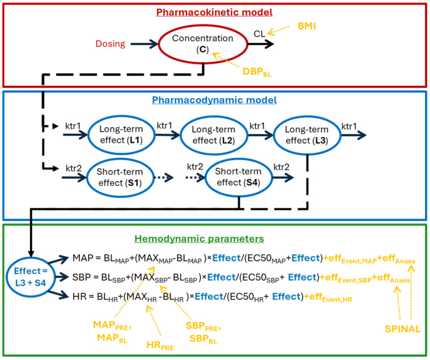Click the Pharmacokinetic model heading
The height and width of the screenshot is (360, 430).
click(214, 12)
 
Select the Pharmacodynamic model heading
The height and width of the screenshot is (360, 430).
click(214, 100)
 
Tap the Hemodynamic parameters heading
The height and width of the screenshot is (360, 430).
click(199, 239)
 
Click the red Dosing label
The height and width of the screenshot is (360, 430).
click(110, 44)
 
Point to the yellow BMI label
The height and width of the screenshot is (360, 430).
click(306, 26)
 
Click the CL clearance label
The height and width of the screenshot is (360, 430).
click(259, 33)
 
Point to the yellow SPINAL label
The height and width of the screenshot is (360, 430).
click(403, 329)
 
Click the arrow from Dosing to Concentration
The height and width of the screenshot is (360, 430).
click(144, 44)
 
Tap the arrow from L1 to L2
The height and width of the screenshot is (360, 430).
click(167, 135)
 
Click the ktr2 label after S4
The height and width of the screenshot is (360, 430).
click(282, 167)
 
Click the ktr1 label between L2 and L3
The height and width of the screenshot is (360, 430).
click(257, 126)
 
